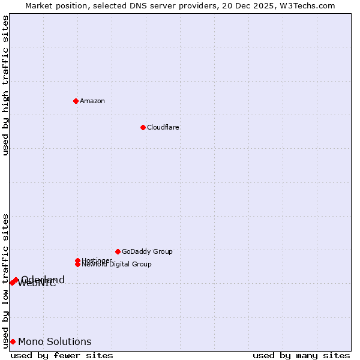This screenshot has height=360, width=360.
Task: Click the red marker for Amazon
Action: (x=76, y=101)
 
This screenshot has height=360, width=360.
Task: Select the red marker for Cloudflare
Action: (x=143, y=127)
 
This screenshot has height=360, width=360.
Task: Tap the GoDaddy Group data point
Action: (x=118, y=251)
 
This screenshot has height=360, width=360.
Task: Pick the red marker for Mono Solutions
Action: (x=13, y=341)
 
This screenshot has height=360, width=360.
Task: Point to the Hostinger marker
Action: (x=77, y=260)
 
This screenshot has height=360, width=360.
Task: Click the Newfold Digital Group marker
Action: (x=78, y=264)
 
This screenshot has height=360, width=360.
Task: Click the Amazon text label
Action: (x=92, y=101)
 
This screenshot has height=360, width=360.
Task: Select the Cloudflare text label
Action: (x=163, y=127)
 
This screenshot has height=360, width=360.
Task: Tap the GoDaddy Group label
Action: (x=147, y=251)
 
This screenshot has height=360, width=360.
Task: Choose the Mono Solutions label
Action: (x=55, y=341)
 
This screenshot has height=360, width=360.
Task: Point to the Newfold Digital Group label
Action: (x=116, y=264)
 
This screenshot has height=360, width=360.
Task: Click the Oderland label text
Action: (x=43, y=280)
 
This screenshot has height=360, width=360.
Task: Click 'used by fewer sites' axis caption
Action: (x=62, y=355)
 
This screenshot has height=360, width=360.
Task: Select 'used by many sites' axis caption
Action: (x=301, y=355)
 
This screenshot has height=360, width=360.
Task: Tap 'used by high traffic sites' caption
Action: (x=6, y=85)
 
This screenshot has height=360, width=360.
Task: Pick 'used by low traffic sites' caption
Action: (x=6, y=280)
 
